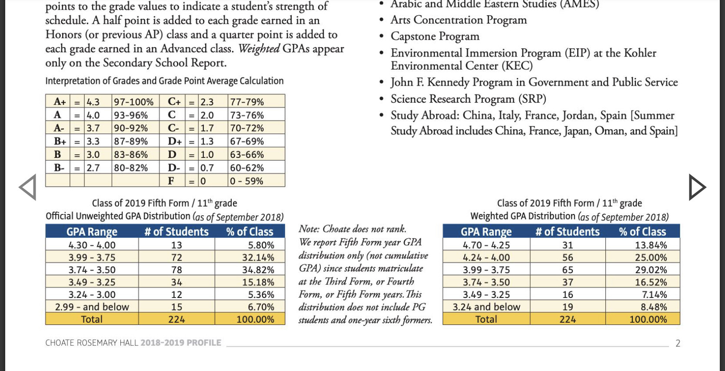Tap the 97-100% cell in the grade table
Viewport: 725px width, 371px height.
[x=134, y=102]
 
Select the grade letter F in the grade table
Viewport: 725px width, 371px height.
[x=171, y=180]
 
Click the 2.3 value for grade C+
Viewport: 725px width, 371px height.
[x=207, y=102]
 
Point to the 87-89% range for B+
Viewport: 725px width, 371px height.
[x=131, y=141]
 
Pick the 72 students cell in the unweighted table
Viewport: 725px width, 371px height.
[x=176, y=257]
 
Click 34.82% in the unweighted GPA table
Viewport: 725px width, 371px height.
[x=258, y=270]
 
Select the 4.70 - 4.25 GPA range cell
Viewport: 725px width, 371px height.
[x=486, y=245]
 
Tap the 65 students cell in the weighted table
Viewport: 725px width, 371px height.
[x=568, y=270]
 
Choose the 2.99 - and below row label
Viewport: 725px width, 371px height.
[x=92, y=307]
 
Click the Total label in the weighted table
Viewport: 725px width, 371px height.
[x=486, y=319]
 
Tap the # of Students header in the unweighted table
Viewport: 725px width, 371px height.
[x=176, y=232]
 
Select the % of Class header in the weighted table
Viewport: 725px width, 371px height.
[x=642, y=232]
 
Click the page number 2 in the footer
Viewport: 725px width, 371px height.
[x=678, y=343]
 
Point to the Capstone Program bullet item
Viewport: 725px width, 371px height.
[x=435, y=36]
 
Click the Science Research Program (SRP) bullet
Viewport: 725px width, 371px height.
[x=468, y=99]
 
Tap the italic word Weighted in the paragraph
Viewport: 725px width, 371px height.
[x=259, y=49]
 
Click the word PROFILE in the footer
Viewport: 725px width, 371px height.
[x=204, y=343]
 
